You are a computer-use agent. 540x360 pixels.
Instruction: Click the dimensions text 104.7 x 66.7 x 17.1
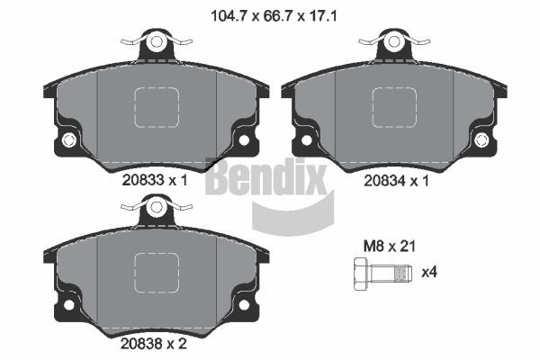click(269, 15)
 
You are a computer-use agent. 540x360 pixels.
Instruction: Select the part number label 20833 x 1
click(156, 179)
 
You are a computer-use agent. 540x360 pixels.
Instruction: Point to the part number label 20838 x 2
click(156, 342)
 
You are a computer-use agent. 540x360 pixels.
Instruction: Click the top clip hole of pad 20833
click(157, 41)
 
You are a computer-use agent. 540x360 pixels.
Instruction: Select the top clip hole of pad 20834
click(394, 41)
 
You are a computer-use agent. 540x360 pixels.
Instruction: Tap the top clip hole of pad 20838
click(157, 206)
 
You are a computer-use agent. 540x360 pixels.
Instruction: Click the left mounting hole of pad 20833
click(68, 139)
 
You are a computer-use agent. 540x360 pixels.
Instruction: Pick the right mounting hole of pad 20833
click(244, 139)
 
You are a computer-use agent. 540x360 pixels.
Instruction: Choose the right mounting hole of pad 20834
click(481, 139)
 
